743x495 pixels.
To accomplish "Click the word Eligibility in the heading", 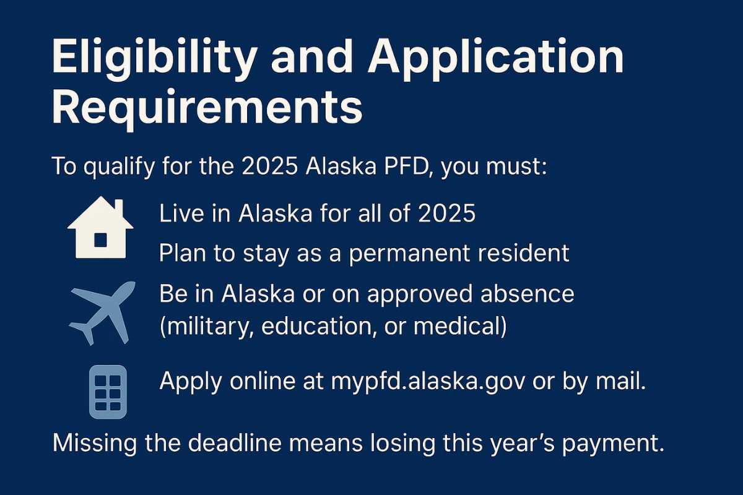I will pos(148,59).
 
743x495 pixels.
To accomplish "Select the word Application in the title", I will pos(495,59).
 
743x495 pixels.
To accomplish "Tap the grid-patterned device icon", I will pos(108,391).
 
